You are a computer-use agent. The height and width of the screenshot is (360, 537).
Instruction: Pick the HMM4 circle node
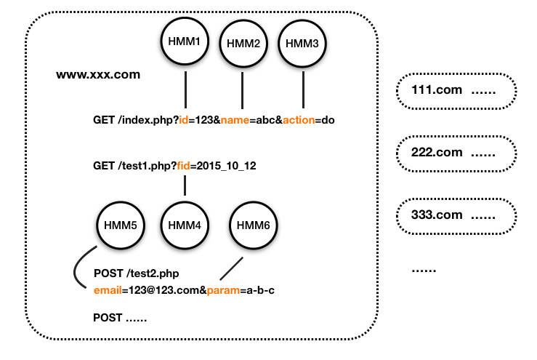pyautogui.click(x=185, y=224)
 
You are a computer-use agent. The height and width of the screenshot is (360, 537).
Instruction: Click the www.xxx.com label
pyautogui.click(x=98, y=75)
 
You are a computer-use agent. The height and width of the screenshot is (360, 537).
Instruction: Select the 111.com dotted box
pyautogui.click(x=456, y=91)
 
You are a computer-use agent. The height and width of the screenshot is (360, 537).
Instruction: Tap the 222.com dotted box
pyautogui.click(x=456, y=153)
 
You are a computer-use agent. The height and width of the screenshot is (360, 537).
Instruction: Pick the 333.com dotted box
pyautogui.click(x=456, y=215)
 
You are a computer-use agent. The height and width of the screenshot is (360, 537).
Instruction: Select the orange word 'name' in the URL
pyautogui.click(x=235, y=120)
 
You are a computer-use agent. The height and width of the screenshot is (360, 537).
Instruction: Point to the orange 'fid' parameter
pyautogui.click(x=185, y=166)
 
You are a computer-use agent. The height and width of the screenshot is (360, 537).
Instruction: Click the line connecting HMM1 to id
pyautogui.click(x=185, y=89)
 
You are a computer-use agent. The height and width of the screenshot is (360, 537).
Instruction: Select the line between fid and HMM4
pyautogui.click(x=185, y=184)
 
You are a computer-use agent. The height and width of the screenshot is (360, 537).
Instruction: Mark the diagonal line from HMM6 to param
pyautogui.click(x=231, y=266)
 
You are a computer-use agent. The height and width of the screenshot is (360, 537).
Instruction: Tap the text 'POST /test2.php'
pyautogui.click(x=137, y=273)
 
